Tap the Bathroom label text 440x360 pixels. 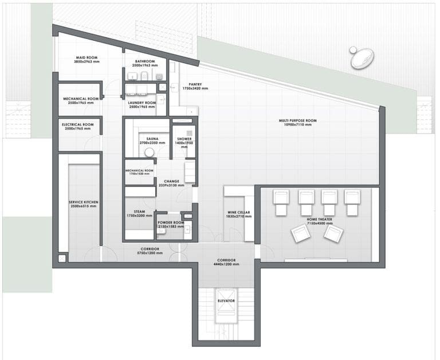point(145,61)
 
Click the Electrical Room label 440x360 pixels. point(80,124)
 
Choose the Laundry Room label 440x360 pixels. point(142,103)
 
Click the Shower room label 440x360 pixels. point(184,139)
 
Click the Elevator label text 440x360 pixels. point(226,300)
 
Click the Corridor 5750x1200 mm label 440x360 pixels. point(148,249)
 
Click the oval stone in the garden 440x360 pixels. point(362,57)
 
